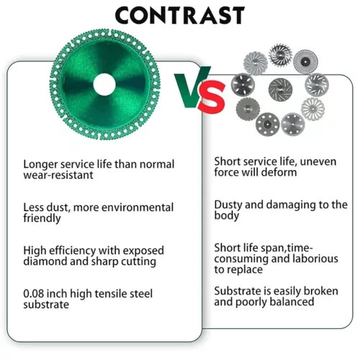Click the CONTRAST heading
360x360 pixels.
tap(179, 15)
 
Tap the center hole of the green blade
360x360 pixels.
tap(104, 84)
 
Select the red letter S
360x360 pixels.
tap(212, 97)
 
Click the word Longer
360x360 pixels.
tap(40, 165)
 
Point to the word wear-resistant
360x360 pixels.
tap(58, 175)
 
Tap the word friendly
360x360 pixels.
tap(42, 218)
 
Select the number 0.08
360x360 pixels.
tap(34, 294)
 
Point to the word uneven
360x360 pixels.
tap(318, 162)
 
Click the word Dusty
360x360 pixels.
tap(228, 205)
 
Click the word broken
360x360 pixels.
tap(321, 291)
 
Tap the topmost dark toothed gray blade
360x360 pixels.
tap(280, 55)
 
